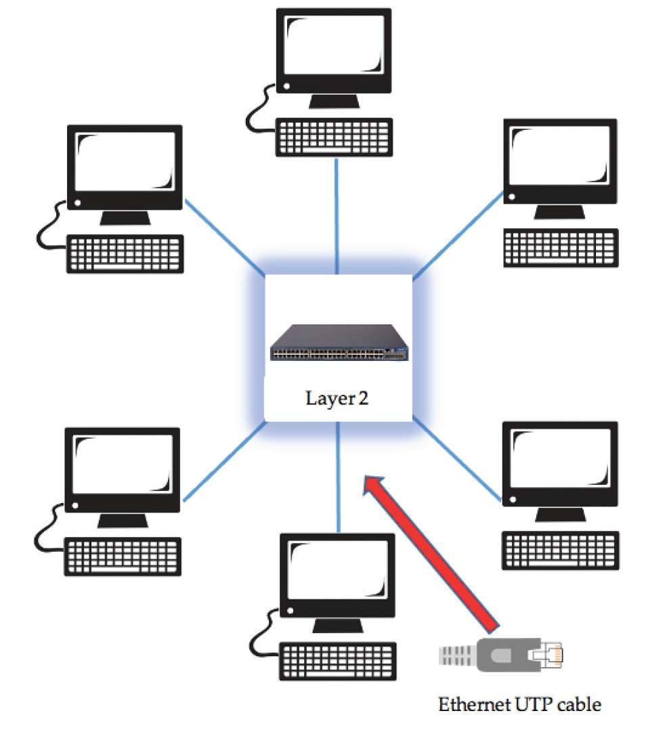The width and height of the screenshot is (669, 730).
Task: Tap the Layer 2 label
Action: [337, 398]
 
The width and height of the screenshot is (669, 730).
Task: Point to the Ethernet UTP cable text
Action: [519, 704]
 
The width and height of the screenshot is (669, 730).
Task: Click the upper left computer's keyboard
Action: [125, 253]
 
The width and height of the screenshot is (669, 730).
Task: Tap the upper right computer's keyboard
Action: [561, 249]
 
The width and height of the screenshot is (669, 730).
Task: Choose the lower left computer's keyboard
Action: [123, 556]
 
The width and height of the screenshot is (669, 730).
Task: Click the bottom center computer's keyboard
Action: [337, 662]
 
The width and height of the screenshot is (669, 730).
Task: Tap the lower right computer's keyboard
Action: [560, 551]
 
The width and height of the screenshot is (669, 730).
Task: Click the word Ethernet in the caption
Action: [474, 704]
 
